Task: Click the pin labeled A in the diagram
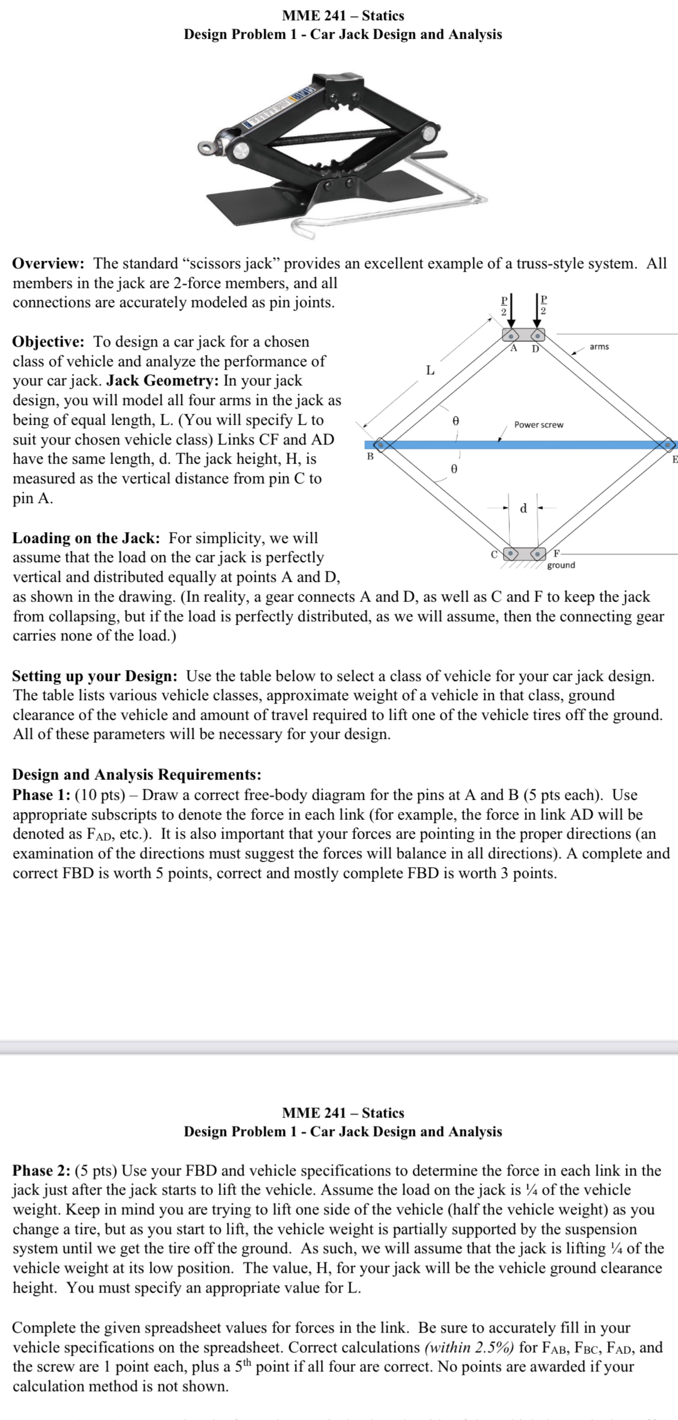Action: point(511,336)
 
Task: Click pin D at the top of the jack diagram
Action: point(538,336)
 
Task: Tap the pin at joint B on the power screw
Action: point(380,445)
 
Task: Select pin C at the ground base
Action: point(511,552)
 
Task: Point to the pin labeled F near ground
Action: point(538,552)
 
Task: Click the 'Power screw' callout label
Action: point(538,425)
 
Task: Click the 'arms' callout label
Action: point(599,347)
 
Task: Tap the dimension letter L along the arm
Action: point(429,370)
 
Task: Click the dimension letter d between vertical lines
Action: point(523,509)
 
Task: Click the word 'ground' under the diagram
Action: point(561,565)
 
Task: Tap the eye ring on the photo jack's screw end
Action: point(206,147)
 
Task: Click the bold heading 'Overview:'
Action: point(49,264)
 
